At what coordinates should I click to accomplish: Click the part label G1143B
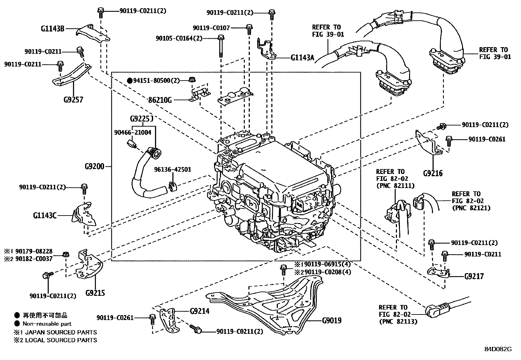[52, 28]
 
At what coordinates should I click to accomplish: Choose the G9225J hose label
[142, 119]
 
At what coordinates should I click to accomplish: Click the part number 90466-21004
[133, 132]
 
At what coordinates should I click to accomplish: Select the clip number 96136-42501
[173, 169]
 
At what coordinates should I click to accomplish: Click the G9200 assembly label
[94, 166]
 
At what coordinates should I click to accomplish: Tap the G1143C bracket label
[45, 216]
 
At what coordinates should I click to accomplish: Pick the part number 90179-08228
[37, 251]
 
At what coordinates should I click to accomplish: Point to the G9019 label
[332, 320]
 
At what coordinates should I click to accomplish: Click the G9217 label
[474, 276]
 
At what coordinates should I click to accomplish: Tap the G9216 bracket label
[433, 173]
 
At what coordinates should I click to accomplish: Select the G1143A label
[302, 58]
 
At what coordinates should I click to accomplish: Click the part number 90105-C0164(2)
[179, 38]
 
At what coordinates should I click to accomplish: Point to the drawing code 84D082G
[498, 349]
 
